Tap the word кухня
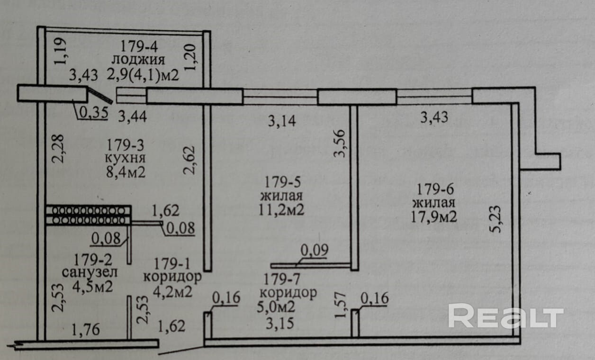pyautogui.click(x=126, y=157)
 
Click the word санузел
pyautogui.click(x=90, y=273)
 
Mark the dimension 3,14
pyautogui.click(x=282, y=121)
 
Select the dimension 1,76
pyautogui.click(x=86, y=330)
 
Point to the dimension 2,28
pyautogui.click(x=57, y=149)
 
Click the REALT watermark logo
pyautogui.click(x=505, y=316)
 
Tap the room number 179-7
pyautogui.click(x=282, y=279)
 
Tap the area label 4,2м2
pyautogui.click(x=172, y=291)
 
